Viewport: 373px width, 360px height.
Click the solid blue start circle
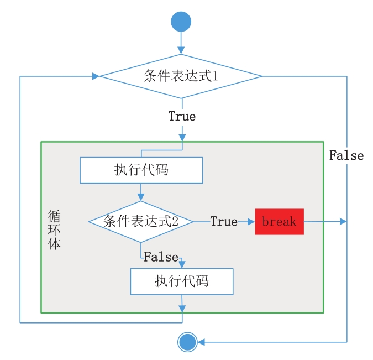(181, 22)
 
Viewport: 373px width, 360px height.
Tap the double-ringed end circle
(187, 342)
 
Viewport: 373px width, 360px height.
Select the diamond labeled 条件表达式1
(181, 76)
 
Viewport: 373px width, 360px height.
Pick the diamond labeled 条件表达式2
(141, 222)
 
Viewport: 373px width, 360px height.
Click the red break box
(279, 222)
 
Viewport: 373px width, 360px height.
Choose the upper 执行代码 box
(141, 170)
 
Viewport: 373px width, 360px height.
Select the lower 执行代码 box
(182, 281)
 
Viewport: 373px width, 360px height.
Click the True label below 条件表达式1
(182, 117)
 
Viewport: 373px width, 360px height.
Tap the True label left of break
(224, 222)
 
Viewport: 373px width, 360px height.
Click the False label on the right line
(346, 155)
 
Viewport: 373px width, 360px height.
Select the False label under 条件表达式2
(161, 257)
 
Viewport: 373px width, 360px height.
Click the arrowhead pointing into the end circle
(202, 342)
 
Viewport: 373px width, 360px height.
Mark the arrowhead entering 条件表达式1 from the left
(96, 76)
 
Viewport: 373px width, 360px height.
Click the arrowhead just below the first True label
(182, 137)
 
